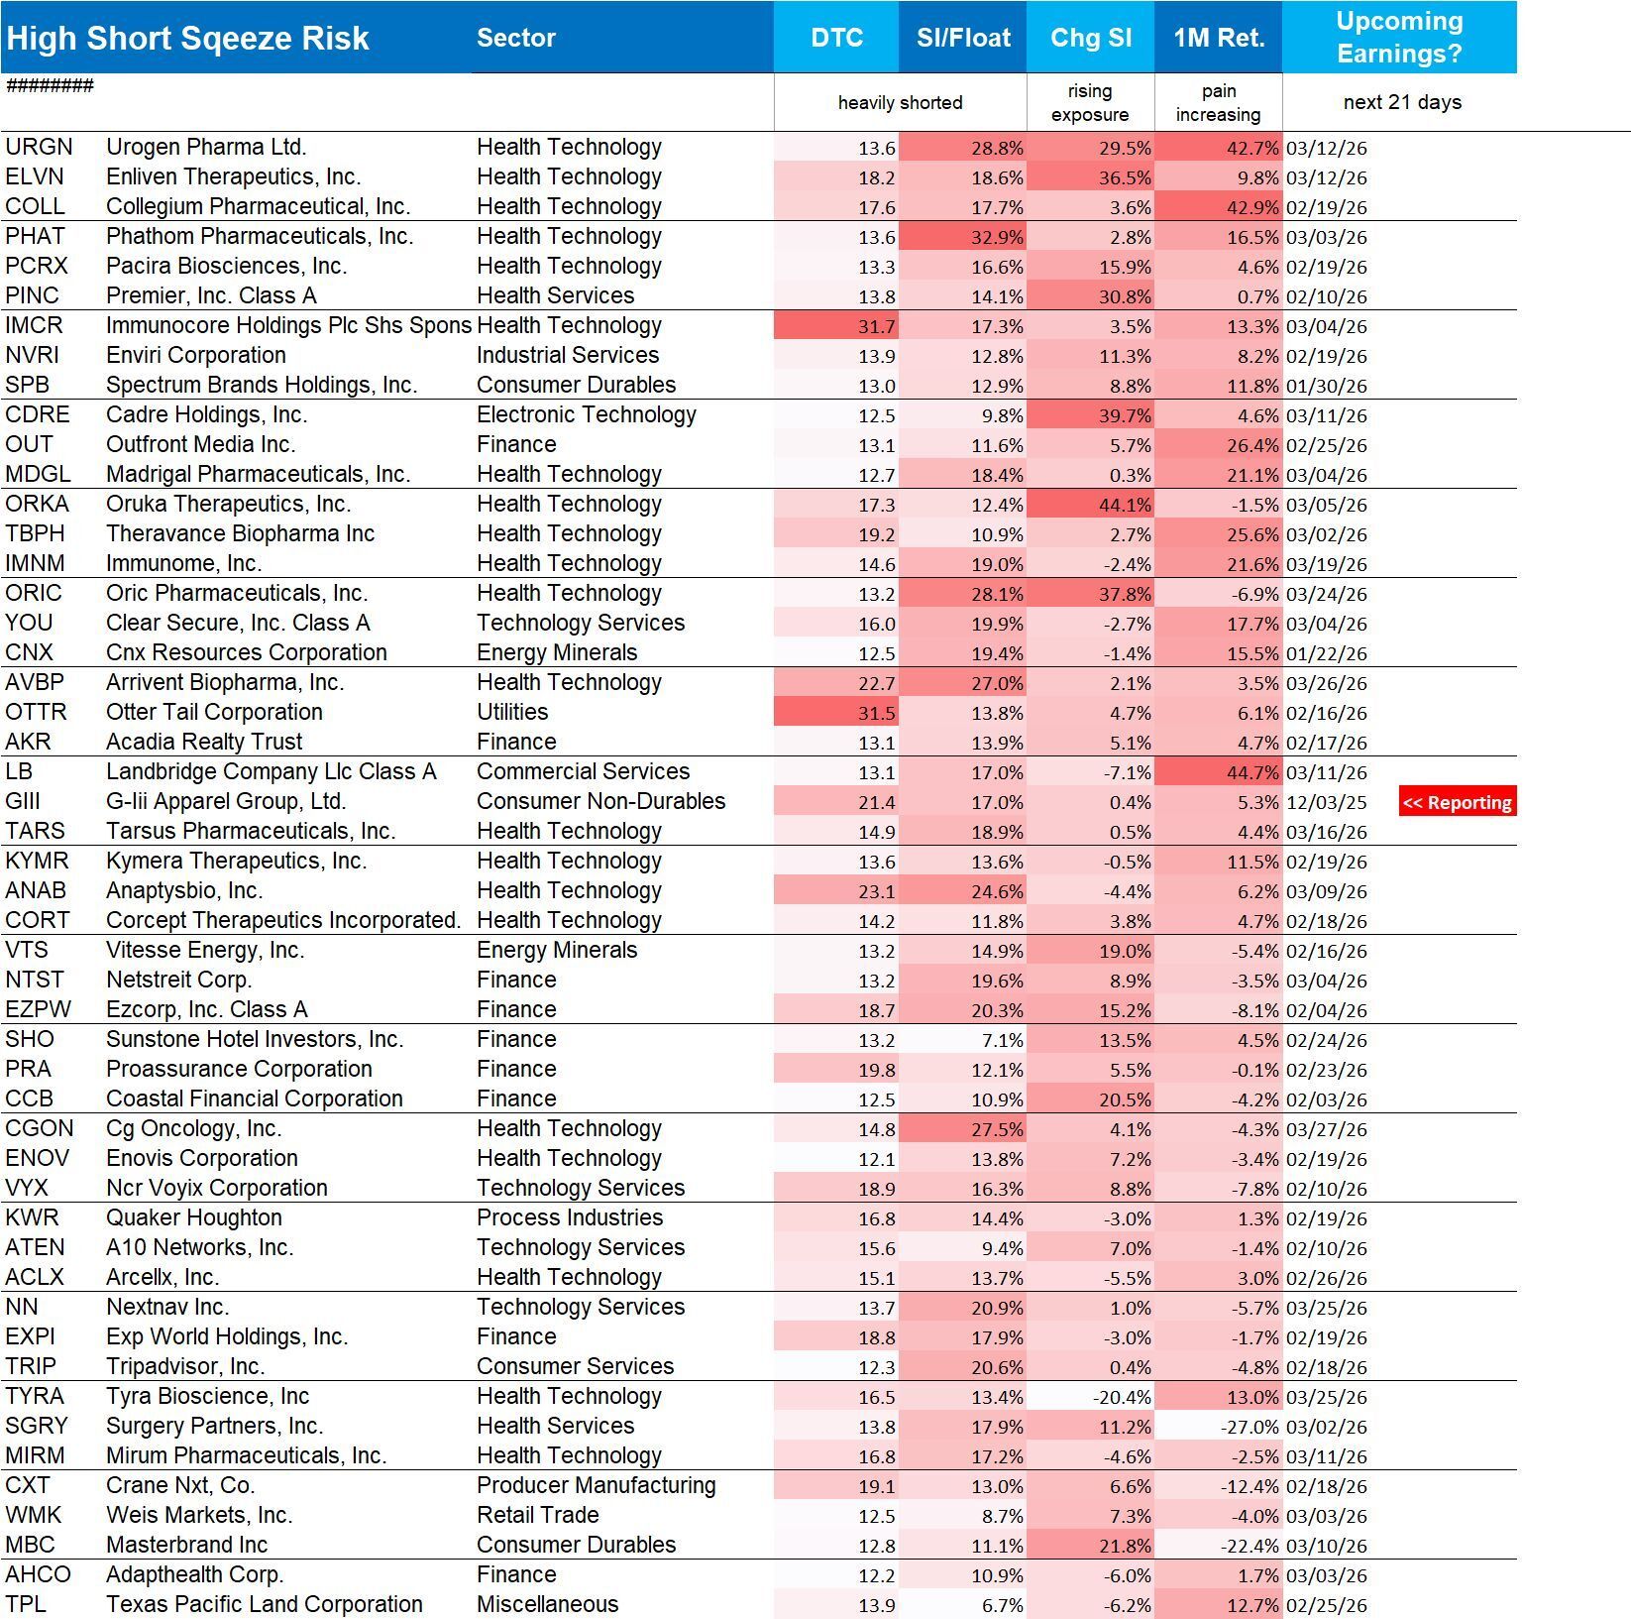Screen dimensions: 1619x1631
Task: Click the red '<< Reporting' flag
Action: point(1457,802)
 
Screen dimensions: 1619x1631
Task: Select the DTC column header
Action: point(836,38)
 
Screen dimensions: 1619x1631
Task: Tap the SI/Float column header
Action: point(963,38)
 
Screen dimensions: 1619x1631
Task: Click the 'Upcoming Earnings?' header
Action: point(1399,38)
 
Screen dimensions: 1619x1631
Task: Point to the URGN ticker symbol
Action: point(40,147)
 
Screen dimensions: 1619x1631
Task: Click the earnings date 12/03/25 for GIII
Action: point(1326,802)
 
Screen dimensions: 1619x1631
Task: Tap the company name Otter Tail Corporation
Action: point(214,712)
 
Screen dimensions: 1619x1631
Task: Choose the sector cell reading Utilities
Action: point(512,712)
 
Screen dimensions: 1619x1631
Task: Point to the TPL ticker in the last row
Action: point(26,1604)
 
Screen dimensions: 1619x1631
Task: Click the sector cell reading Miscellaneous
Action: point(547,1604)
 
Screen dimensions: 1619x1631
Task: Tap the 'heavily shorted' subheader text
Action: point(900,102)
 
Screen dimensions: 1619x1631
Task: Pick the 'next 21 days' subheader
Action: point(1402,102)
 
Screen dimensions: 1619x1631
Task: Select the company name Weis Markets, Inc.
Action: point(199,1515)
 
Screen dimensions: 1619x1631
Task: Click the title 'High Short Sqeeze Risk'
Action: point(187,38)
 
